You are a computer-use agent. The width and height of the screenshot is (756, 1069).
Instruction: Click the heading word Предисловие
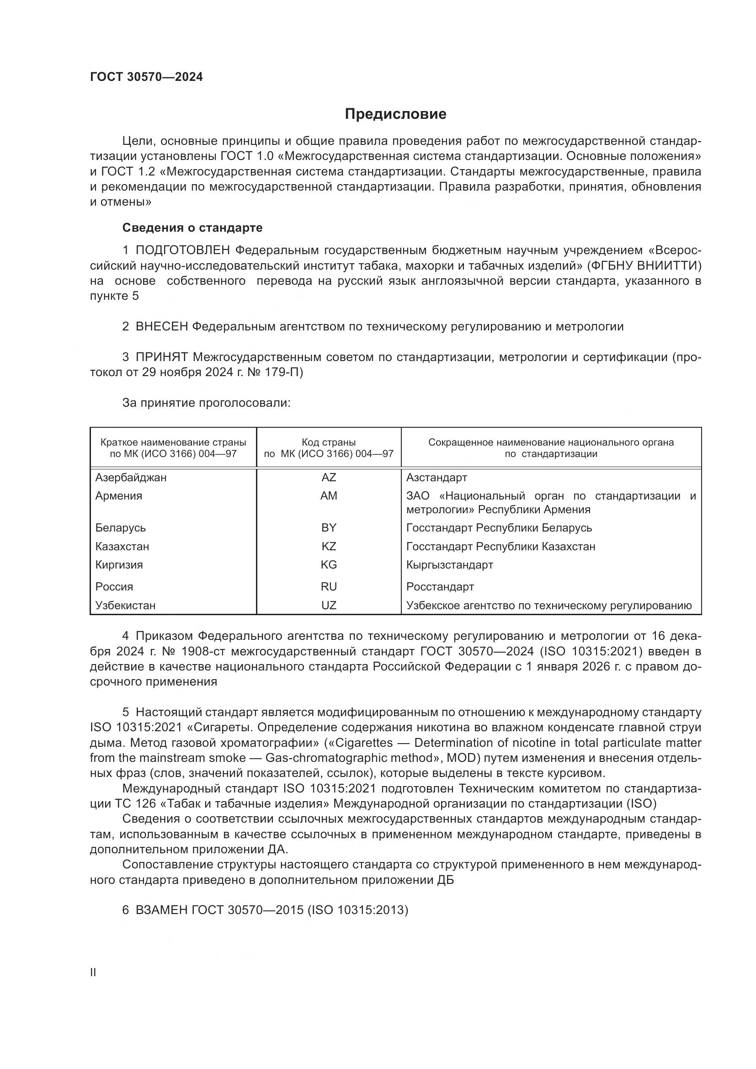coord(395,114)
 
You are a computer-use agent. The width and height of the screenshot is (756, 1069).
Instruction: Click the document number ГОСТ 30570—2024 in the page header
coord(146,77)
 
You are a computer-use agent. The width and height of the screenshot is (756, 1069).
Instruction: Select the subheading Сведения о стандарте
coord(192,228)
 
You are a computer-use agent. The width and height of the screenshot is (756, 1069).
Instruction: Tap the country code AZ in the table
coord(329,477)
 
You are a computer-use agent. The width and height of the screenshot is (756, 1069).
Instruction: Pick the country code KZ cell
coord(329,546)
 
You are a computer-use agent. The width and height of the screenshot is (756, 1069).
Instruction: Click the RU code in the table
coord(329,587)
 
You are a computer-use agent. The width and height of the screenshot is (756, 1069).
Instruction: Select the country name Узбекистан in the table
coord(125,605)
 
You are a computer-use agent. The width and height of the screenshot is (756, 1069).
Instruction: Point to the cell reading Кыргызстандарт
coord(449,565)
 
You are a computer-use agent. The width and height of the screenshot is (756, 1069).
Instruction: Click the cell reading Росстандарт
coord(440,587)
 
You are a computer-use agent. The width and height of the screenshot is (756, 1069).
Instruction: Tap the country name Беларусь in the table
coord(121,527)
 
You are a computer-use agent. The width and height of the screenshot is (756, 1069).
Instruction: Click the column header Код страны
coord(329,442)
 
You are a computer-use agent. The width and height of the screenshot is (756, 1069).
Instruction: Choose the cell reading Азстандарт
coord(437,477)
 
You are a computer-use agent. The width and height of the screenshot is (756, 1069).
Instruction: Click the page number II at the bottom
coord(93,973)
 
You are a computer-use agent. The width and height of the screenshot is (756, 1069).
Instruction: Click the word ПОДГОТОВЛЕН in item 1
coord(182,250)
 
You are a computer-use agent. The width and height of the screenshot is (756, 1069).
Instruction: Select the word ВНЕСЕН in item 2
coord(161,326)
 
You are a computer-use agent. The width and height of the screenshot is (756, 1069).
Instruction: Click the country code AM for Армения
coord(329,496)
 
